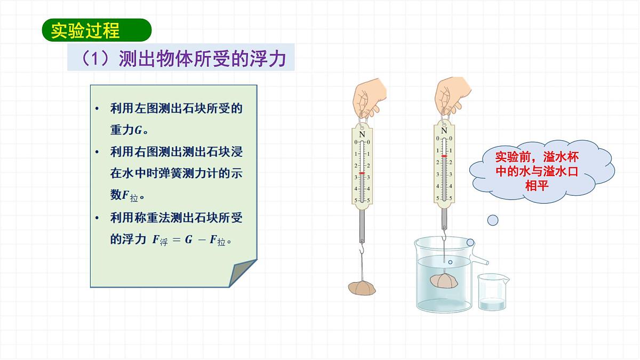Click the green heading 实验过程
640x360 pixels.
(x=85, y=30)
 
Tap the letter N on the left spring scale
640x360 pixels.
(x=362, y=134)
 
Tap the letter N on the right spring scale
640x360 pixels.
(x=444, y=130)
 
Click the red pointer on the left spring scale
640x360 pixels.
(x=362, y=173)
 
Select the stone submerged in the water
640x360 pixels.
(x=443, y=281)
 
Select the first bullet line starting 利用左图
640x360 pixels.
(x=176, y=109)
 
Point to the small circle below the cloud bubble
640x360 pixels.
(x=493, y=219)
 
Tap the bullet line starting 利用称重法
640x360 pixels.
(x=176, y=218)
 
